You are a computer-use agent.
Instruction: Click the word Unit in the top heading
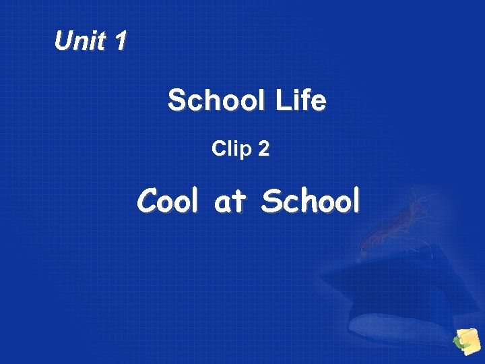80,42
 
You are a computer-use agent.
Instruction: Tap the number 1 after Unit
120,42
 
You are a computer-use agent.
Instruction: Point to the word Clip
231,148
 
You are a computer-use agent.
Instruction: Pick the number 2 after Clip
263,149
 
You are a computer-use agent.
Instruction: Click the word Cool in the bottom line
168,200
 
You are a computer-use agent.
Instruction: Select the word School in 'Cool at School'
311,200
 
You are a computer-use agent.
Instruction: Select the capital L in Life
282,101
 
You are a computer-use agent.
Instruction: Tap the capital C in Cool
148,200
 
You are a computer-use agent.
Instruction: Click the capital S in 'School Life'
177,101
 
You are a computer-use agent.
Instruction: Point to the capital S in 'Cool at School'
271,200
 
